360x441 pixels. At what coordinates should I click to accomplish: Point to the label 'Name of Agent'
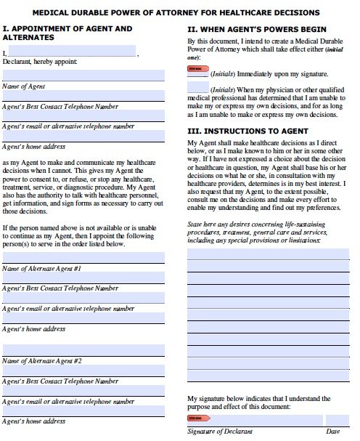pyautogui.click(x=25, y=86)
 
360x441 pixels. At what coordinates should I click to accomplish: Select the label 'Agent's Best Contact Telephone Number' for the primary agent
pyautogui.click(x=60, y=107)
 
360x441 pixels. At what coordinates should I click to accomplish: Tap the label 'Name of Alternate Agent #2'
pyautogui.click(x=52, y=361)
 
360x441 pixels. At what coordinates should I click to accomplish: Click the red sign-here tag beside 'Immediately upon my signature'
pyautogui.click(x=197, y=69)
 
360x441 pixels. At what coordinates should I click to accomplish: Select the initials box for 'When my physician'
pyautogui.click(x=197, y=87)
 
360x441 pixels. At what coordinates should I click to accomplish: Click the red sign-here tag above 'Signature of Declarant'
pyautogui.click(x=197, y=418)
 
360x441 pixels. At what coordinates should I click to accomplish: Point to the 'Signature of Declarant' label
pyautogui.click(x=220, y=432)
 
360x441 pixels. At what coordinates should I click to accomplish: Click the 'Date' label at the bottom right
pyautogui.click(x=333, y=432)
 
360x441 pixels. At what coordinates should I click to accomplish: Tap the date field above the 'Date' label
pyautogui.click(x=336, y=420)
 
